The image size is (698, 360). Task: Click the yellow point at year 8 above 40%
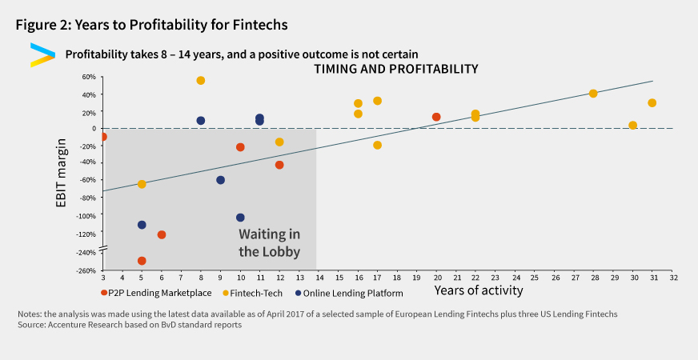tap(201, 81)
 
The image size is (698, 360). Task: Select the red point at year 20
tap(436, 117)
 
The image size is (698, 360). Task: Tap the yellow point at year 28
tap(593, 94)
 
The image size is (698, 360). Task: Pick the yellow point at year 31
tap(652, 103)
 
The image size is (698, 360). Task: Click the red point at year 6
tap(162, 234)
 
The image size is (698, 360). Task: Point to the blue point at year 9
tap(221, 180)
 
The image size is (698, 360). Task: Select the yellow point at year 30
tap(633, 126)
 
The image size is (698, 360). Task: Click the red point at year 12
tap(279, 165)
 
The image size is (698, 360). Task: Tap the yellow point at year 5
tap(142, 184)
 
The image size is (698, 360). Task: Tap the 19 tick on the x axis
tap(416, 278)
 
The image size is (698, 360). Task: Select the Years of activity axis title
tap(479, 290)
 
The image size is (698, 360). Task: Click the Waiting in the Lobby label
tap(270, 242)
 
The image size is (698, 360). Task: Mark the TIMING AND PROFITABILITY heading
tap(395, 70)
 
